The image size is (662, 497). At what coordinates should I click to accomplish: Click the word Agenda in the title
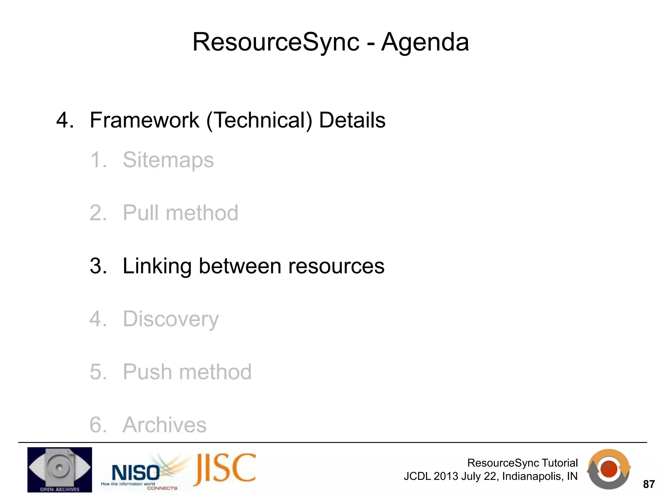[425, 42]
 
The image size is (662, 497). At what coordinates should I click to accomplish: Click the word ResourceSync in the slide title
[276, 42]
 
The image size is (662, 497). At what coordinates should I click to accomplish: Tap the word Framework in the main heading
[144, 120]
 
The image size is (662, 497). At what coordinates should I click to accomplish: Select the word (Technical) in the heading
[259, 120]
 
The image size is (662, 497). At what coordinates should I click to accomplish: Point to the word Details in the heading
[352, 120]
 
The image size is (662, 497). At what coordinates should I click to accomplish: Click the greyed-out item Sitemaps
[168, 160]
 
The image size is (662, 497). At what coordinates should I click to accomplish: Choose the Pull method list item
[180, 213]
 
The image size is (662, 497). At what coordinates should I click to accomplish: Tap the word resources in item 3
[336, 266]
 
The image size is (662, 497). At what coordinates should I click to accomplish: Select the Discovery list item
[171, 319]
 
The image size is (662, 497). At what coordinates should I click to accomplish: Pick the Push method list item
[187, 372]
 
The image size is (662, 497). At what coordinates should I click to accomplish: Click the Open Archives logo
[59, 469]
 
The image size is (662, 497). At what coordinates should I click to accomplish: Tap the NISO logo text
[136, 473]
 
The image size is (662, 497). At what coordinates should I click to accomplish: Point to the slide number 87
[649, 484]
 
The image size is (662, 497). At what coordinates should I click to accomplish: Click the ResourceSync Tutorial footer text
[522, 463]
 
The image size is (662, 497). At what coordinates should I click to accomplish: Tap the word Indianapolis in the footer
[530, 476]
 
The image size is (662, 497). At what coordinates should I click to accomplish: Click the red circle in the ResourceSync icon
[609, 469]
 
